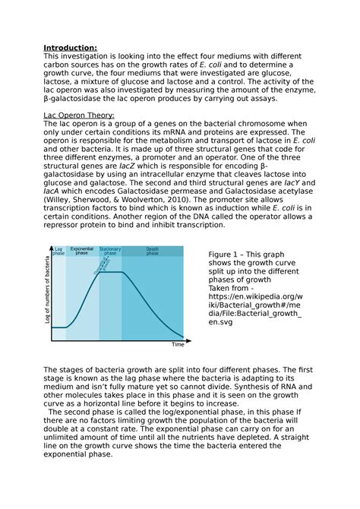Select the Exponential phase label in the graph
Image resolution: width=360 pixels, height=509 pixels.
[82, 251]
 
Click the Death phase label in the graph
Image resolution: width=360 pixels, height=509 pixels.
[153, 251]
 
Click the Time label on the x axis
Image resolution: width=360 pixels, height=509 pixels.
[177, 344]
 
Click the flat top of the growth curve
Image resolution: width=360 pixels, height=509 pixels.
[113, 271]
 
